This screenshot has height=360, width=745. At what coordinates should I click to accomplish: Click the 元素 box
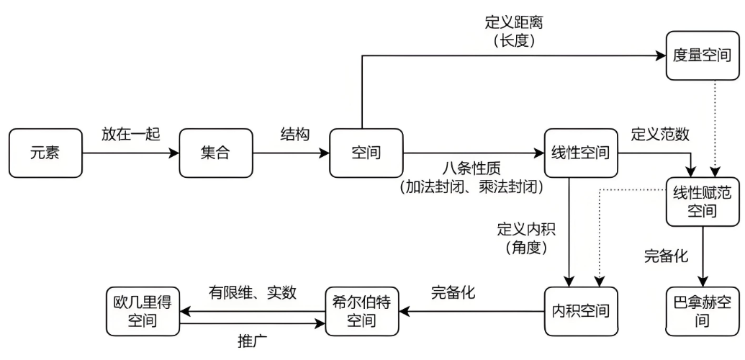tap(46, 153)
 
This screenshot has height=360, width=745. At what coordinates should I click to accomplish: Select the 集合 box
tap(216, 153)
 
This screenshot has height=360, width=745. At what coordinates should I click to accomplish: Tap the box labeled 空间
tap(366, 153)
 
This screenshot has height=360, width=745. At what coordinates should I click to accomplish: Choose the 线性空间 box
tap(580, 153)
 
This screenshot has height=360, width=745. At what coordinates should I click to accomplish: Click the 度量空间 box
tap(703, 56)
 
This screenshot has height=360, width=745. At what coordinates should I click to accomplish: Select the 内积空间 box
tap(580, 311)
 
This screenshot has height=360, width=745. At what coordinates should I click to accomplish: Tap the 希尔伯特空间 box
tap(361, 311)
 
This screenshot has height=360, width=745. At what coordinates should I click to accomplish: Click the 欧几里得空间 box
tap(141, 311)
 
